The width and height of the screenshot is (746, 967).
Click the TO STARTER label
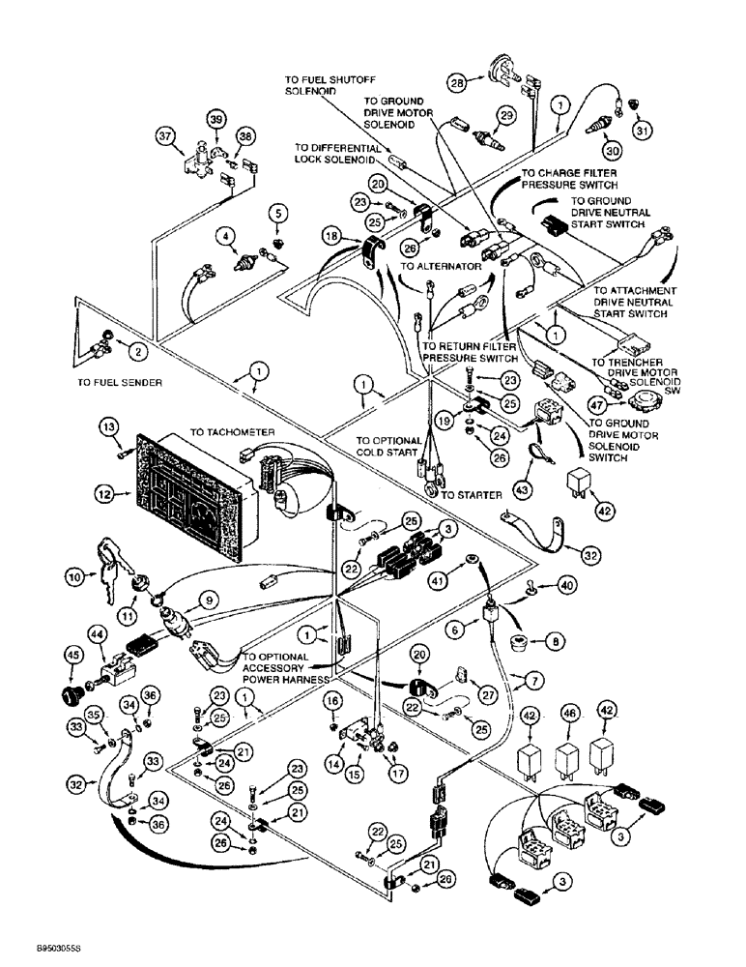tap(472, 494)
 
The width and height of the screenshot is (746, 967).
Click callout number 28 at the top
tap(456, 84)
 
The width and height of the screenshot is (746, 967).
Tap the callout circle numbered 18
tap(332, 237)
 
